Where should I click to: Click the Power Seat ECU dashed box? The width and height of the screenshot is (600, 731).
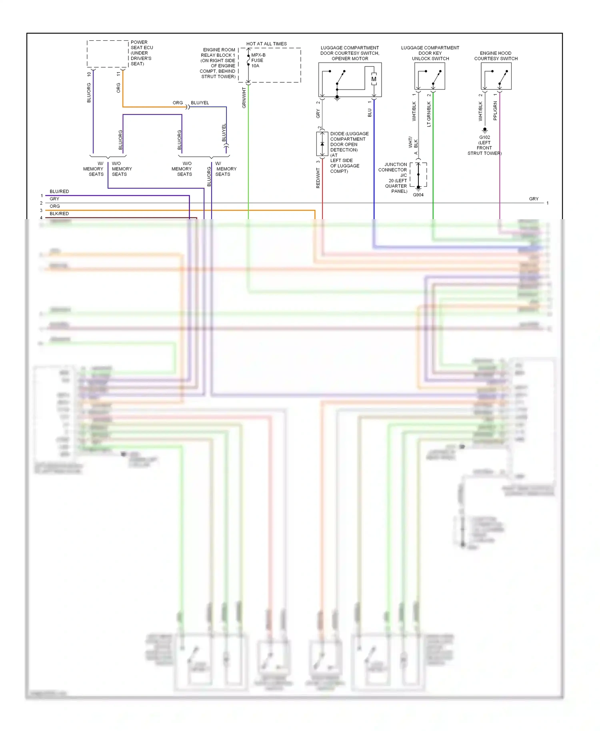click(x=108, y=54)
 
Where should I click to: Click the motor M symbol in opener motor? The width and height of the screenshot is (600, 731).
click(x=374, y=79)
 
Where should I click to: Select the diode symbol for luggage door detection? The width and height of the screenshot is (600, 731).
click(x=322, y=144)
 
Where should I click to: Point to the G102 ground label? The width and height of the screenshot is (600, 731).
click(x=484, y=137)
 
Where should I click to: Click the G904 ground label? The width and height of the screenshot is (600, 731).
click(x=418, y=195)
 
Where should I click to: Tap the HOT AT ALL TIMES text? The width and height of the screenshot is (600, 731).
click(x=266, y=44)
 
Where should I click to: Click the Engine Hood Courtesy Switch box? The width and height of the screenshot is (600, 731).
click(x=496, y=76)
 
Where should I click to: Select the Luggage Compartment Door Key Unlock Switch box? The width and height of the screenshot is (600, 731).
click(x=430, y=76)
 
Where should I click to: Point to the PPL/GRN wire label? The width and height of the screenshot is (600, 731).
click(x=495, y=111)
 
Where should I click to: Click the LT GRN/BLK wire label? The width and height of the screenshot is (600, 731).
click(x=429, y=114)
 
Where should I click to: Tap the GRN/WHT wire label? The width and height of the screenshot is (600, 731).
click(x=244, y=98)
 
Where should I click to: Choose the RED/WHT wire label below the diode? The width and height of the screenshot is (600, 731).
click(x=318, y=178)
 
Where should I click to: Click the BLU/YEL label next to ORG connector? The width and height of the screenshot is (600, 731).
click(x=200, y=103)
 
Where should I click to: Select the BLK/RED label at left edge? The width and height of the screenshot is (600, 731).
click(x=59, y=214)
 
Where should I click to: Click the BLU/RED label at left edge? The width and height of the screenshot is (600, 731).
click(x=59, y=192)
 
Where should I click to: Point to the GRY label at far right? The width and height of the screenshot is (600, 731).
click(x=534, y=199)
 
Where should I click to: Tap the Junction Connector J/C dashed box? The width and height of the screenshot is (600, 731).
click(x=418, y=174)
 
